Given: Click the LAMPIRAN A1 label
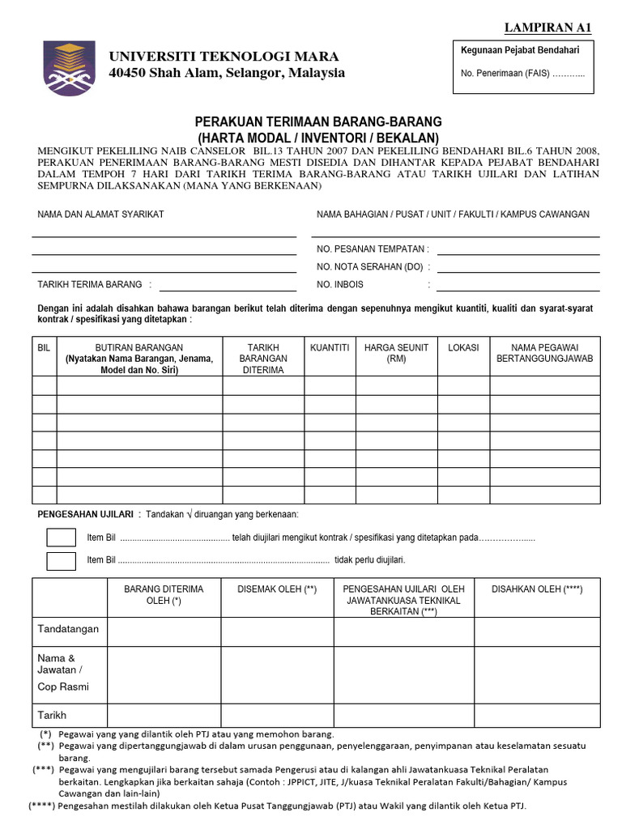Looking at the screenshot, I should (548, 28).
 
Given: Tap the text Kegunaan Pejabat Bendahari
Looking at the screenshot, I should (519, 50).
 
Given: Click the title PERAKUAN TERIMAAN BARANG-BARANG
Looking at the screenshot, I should (318, 121).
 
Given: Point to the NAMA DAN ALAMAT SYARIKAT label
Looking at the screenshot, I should (101, 214).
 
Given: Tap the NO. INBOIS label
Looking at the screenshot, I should (340, 284).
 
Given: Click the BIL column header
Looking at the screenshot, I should (45, 347).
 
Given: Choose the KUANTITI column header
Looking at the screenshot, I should (330, 347).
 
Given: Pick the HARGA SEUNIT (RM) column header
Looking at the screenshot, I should (396, 353).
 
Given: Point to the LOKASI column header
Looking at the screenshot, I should (463, 347).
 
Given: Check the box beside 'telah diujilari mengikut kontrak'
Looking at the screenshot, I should (61, 538).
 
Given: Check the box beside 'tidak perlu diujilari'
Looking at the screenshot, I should (61, 560).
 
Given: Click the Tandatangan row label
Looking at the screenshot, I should (68, 629).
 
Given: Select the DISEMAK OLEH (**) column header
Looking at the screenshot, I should (276, 589).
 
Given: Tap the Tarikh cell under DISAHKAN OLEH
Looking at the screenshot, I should (537, 715).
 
